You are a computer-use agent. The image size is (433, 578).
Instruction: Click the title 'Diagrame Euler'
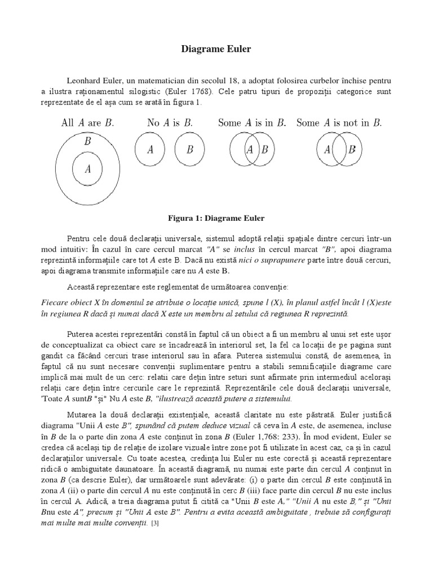pyautogui.click(x=216, y=49)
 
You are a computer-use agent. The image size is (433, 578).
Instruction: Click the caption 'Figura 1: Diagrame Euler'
pyautogui.click(x=216, y=217)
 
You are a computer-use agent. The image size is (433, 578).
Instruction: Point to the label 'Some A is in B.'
pyautogui.click(x=251, y=123)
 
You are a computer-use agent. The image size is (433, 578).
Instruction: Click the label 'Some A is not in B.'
pyautogui.click(x=339, y=123)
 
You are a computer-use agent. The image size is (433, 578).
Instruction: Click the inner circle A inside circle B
pyautogui.click(x=87, y=168)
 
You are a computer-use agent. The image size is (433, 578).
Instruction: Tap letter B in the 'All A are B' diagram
pyautogui.click(x=87, y=142)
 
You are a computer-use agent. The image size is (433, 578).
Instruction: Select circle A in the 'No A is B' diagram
pyautogui.click(x=151, y=150)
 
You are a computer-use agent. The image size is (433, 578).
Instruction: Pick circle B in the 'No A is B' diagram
pyautogui.click(x=190, y=150)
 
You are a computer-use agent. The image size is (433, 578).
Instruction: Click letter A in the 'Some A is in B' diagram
pyautogui.click(x=249, y=150)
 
